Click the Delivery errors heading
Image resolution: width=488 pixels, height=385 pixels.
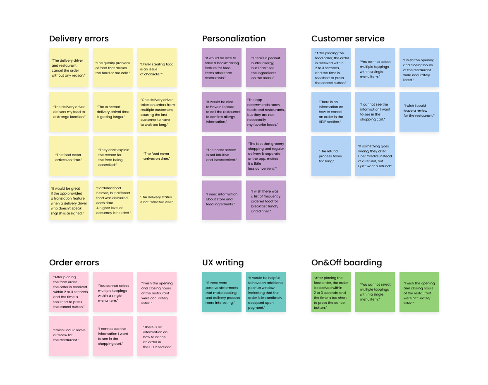(79, 38)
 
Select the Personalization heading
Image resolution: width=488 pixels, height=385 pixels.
(234, 38)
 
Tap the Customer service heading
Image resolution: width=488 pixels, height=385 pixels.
(348, 38)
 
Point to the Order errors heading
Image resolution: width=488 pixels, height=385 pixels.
(74, 262)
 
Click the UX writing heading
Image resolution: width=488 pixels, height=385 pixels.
(223, 262)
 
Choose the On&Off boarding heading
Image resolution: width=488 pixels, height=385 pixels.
(346, 262)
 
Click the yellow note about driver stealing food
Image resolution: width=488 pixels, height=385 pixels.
(157, 68)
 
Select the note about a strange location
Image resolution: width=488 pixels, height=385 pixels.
(69, 112)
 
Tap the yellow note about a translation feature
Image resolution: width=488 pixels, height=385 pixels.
(69, 200)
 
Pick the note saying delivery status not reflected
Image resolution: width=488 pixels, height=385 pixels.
(157, 200)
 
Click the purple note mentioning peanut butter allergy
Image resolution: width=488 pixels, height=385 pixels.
(266, 68)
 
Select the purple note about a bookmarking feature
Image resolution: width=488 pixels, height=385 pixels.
(222, 68)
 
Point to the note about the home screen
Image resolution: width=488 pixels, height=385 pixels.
(222, 156)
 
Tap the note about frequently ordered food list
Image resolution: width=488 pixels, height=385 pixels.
(266, 200)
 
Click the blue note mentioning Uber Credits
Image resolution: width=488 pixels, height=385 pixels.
(375, 156)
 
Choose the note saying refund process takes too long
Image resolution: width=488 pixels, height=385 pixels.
(331, 156)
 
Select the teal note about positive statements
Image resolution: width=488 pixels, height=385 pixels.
(222, 292)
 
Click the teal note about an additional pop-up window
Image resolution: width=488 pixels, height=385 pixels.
(266, 292)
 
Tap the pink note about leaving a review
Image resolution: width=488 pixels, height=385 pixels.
(69, 336)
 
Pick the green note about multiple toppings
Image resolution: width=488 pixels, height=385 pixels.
(375, 292)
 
